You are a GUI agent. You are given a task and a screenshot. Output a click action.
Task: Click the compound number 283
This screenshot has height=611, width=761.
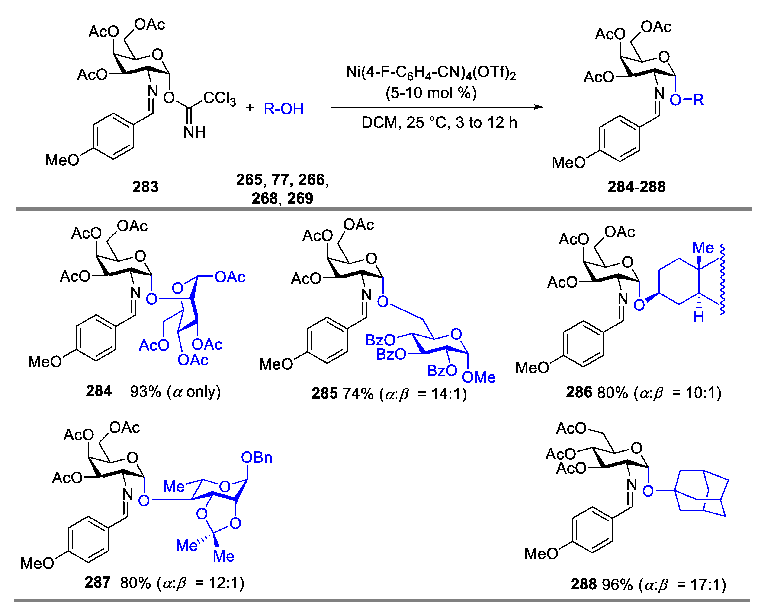[x=145, y=187]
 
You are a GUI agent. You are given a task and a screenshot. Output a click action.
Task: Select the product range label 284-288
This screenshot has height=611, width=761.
[x=636, y=187]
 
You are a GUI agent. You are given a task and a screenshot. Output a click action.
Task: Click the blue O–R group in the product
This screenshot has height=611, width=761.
[x=687, y=100]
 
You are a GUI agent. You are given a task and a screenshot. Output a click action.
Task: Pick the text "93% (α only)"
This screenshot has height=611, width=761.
[x=175, y=391]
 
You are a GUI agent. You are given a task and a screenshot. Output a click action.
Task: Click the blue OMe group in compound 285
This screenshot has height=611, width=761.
[x=479, y=377]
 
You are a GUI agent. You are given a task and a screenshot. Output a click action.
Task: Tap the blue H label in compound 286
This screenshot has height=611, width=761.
[x=699, y=317]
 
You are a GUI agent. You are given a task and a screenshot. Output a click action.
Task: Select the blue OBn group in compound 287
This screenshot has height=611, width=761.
[x=257, y=458]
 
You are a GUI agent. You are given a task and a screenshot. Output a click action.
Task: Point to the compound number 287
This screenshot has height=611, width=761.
[x=97, y=583]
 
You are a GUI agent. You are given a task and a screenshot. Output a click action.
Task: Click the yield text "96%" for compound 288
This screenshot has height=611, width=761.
[x=617, y=585]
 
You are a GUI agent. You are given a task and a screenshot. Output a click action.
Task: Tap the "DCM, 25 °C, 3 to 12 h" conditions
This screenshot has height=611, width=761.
[x=439, y=123]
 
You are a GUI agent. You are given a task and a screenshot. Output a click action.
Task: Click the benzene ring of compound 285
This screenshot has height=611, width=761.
[x=327, y=340]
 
